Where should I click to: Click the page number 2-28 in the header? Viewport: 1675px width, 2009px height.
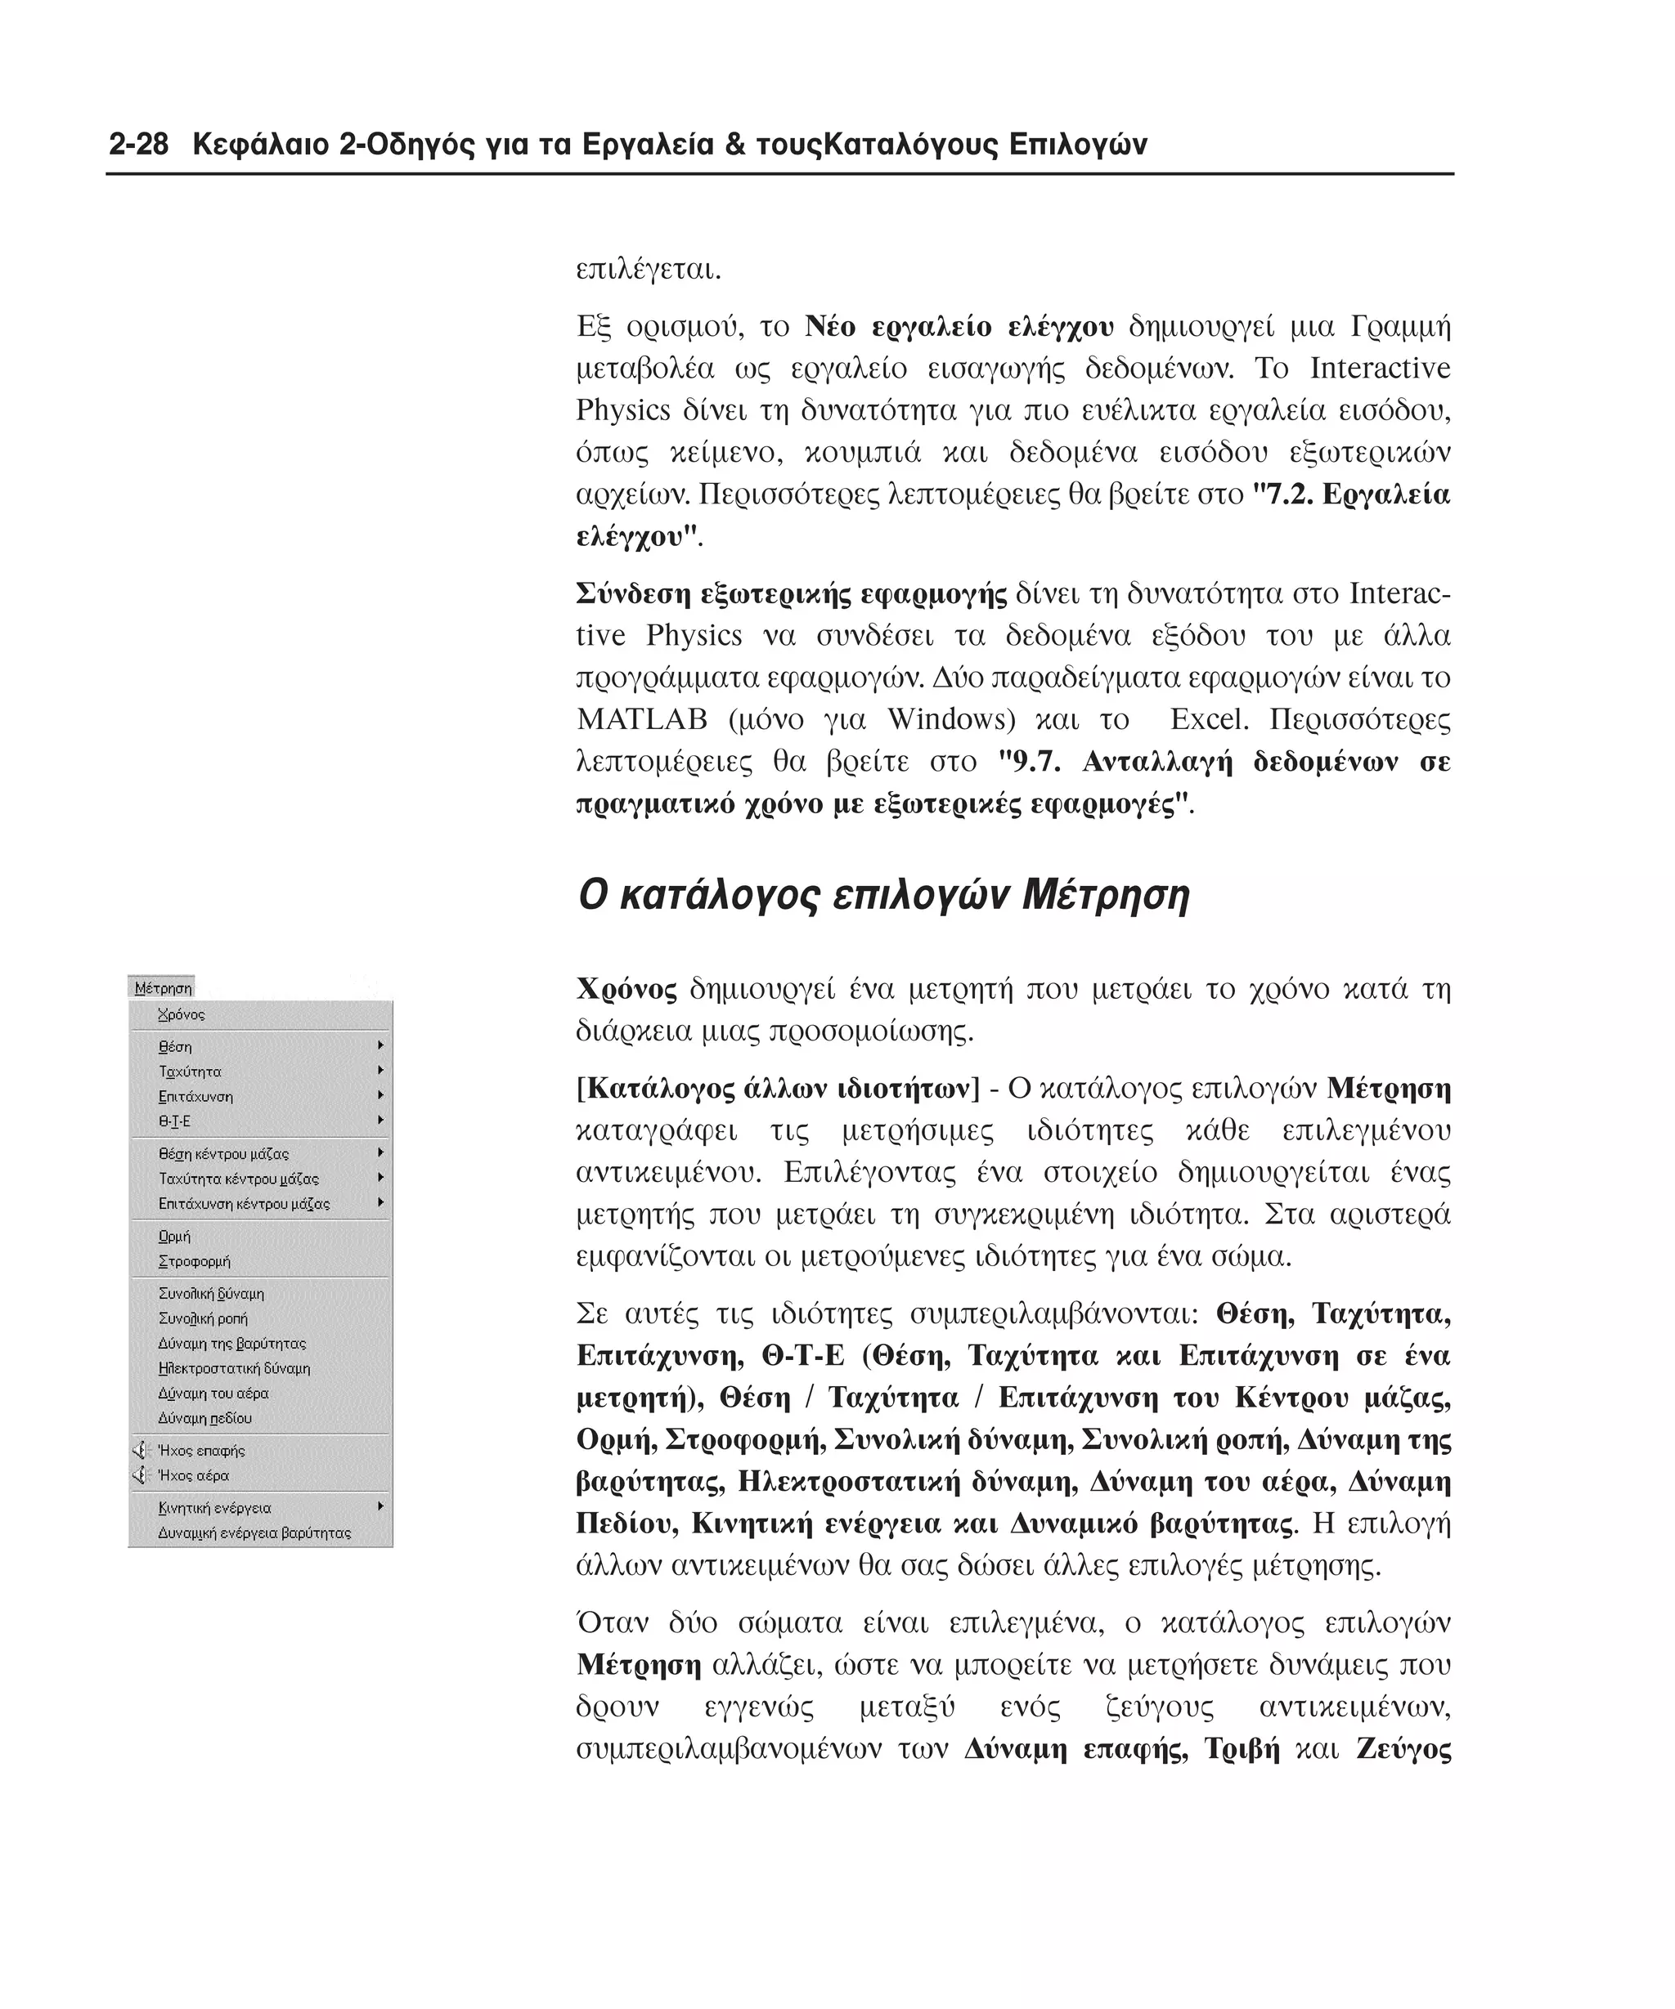coord(139,145)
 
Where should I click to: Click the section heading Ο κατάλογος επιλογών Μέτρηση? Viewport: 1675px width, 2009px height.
coord(882,896)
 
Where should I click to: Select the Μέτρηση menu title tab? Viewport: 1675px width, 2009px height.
coord(162,987)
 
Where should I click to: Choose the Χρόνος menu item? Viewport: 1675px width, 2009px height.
coord(181,1014)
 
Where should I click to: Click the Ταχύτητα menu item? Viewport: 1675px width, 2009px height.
coord(190,1072)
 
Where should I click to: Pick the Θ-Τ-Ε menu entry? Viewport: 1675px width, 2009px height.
coord(174,1121)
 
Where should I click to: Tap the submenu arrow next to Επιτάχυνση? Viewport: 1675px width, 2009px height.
coord(381,1095)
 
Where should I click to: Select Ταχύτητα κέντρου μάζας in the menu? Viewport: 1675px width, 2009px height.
coord(238,1179)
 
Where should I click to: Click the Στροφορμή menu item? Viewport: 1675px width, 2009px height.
coord(195,1261)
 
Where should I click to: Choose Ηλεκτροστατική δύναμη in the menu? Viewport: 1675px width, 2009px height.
coord(234,1368)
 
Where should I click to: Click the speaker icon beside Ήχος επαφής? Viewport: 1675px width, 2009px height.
coord(141,1450)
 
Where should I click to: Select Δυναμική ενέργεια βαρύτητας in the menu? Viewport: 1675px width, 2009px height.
coord(254,1532)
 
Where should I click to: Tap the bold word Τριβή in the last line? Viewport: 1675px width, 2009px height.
coord(1242,1750)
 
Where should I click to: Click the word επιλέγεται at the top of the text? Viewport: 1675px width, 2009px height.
coord(647,270)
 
